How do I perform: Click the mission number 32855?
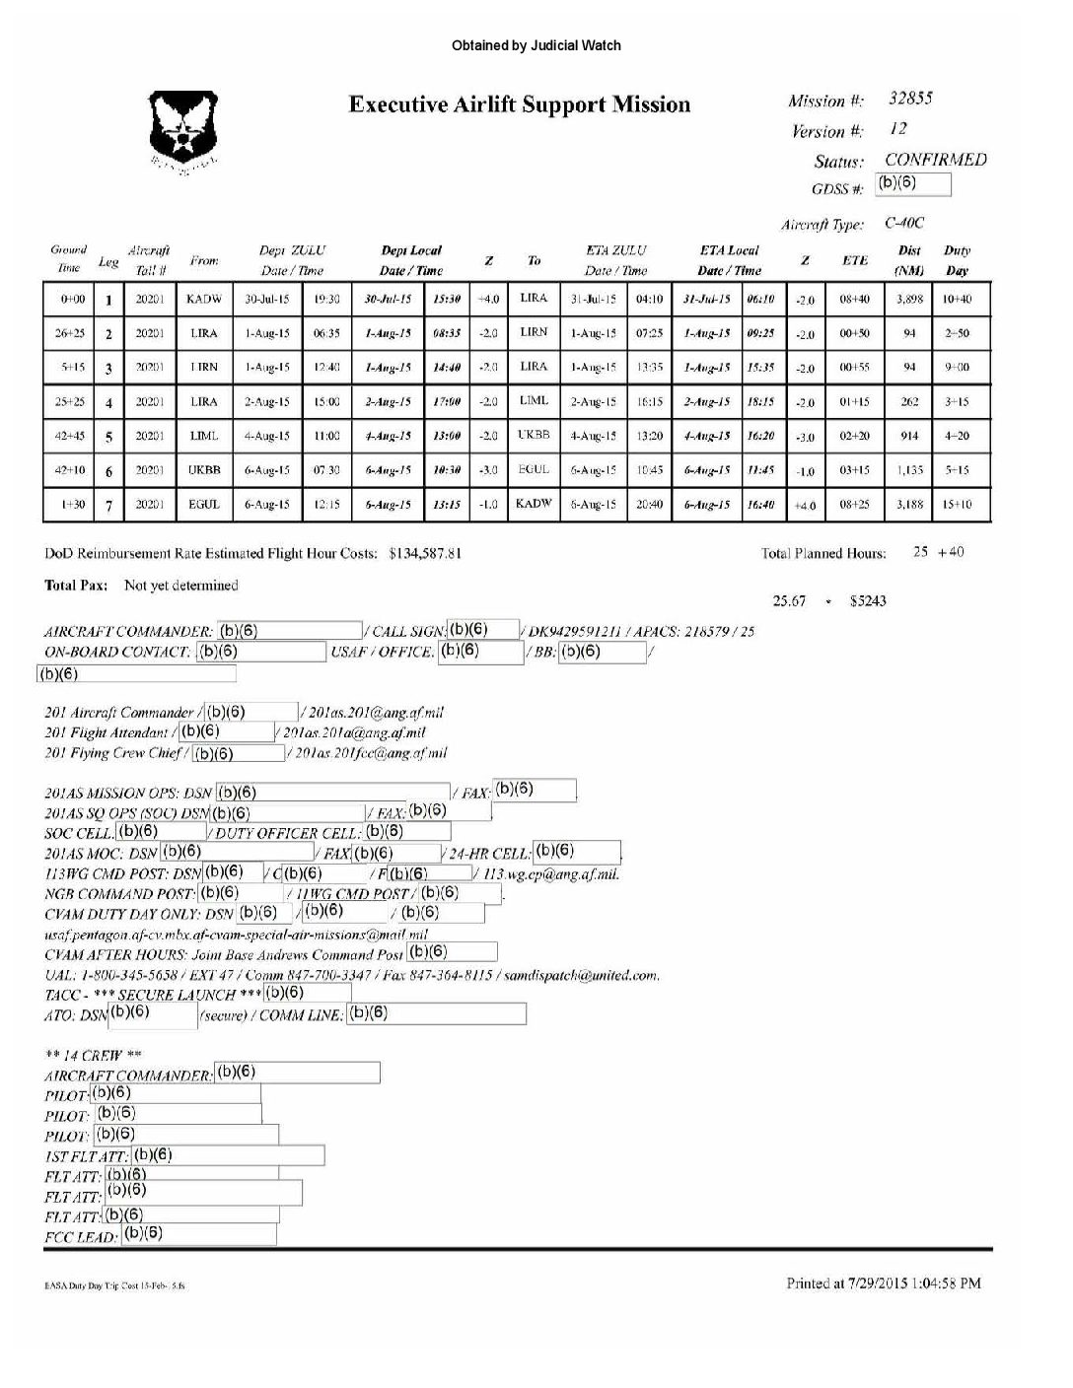coord(910,99)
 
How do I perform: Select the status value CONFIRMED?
coord(935,160)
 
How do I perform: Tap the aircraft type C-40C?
coord(904,224)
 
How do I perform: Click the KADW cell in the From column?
coord(204,299)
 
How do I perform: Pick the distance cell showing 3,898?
coord(908,299)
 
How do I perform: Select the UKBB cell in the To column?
coord(534,435)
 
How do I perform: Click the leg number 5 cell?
coord(108,437)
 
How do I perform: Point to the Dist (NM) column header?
coord(908,260)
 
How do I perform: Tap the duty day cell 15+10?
coord(957,505)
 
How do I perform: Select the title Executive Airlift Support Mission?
coord(519,104)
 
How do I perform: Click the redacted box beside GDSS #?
coord(913,184)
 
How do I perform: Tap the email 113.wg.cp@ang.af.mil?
coord(551,874)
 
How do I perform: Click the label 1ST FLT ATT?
coord(86,1156)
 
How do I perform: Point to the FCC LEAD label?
coord(81,1237)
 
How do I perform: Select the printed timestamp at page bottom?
coord(883,1284)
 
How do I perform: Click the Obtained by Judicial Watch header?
coord(536,45)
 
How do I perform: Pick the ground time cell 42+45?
coord(69,436)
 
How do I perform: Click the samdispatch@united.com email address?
coord(581,976)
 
